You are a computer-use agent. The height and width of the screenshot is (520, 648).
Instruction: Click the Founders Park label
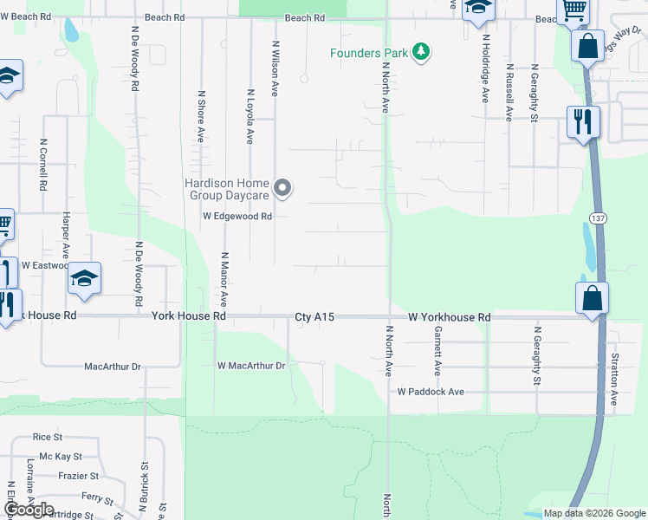point(368,53)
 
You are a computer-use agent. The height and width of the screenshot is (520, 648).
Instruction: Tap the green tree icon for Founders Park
point(420,52)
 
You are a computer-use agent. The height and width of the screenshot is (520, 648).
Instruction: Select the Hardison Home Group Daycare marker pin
point(282,187)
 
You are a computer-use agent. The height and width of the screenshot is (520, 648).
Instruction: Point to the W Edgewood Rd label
point(238,217)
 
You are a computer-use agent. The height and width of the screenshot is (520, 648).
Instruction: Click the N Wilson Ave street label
point(275,68)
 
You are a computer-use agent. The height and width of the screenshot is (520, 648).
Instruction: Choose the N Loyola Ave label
point(249,116)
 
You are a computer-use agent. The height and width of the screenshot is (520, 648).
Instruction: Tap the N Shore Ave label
point(201,116)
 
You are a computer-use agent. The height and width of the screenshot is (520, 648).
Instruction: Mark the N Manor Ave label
point(224,279)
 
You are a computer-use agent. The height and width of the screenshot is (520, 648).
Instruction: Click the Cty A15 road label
point(314,318)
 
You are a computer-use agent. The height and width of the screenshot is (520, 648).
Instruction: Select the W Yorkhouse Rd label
point(450,318)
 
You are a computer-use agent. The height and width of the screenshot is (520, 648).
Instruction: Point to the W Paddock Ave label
point(431,392)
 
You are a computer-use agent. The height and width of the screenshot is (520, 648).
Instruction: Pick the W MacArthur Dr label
point(250,366)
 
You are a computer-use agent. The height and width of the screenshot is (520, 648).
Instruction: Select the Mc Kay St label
point(61,456)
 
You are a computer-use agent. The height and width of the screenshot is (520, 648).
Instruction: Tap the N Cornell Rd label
point(42,165)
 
